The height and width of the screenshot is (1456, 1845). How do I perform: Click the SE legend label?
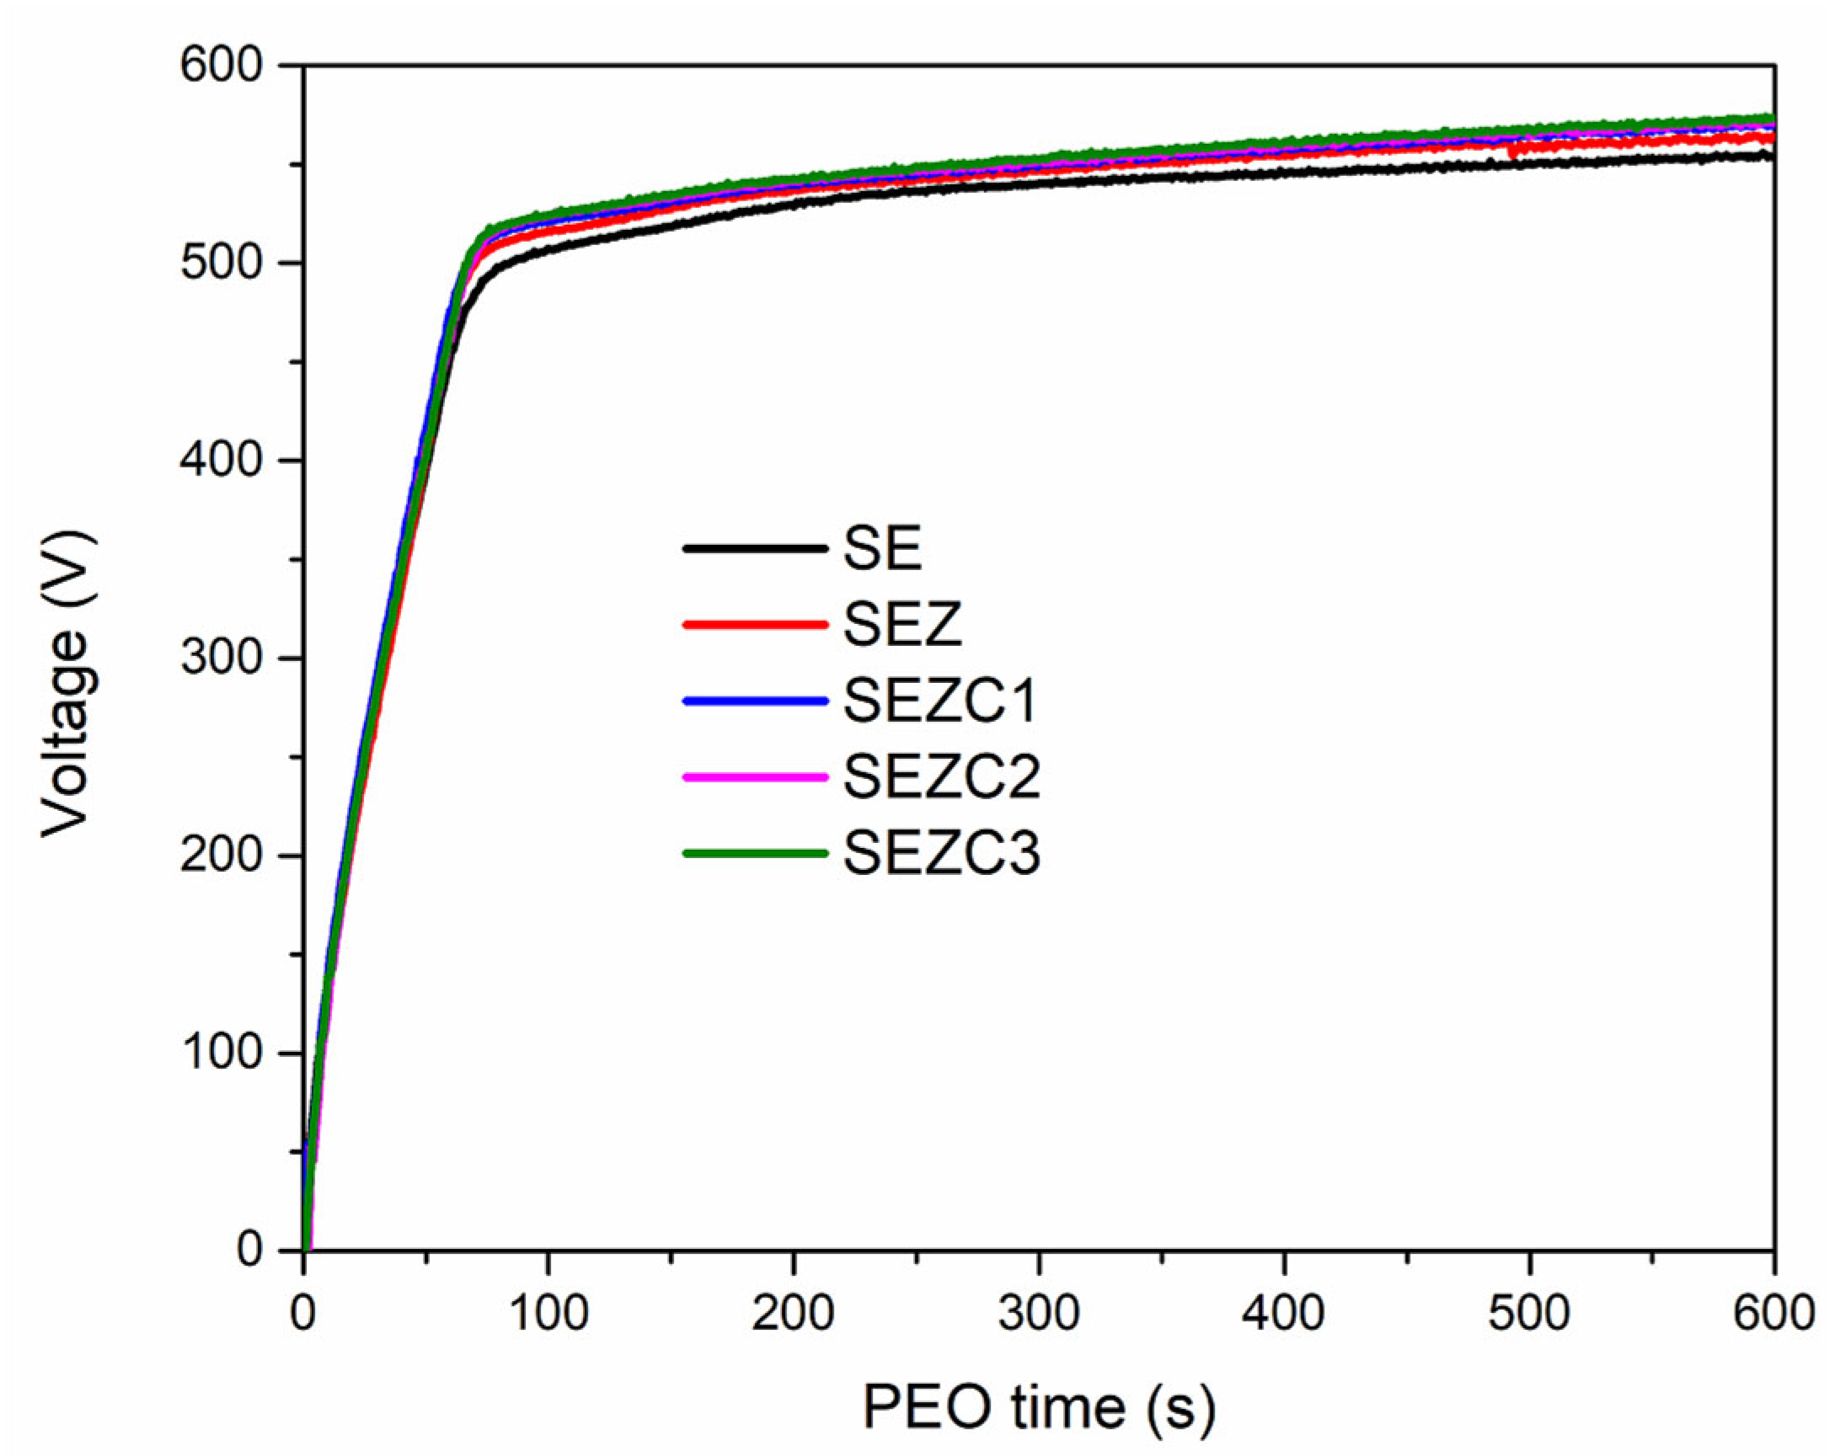pyautogui.click(x=881, y=548)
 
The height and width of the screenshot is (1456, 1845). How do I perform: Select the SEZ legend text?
pyautogui.click(x=902, y=624)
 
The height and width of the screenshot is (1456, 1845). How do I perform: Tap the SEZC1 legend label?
pyautogui.click(x=940, y=701)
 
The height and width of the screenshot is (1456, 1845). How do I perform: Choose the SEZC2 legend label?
pyautogui.click(x=941, y=776)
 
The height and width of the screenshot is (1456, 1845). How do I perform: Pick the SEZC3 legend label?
pyautogui.click(x=941, y=853)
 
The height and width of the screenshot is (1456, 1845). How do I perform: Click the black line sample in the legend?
pyautogui.click(x=755, y=548)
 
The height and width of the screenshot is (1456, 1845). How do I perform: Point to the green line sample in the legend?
pyautogui.click(x=755, y=853)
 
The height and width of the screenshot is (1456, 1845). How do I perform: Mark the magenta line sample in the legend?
pyautogui.click(x=755, y=776)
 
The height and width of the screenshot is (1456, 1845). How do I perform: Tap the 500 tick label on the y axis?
pyautogui.click(x=220, y=264)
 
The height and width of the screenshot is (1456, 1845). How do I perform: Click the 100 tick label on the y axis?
pyautogui.click(x=220, y=1053)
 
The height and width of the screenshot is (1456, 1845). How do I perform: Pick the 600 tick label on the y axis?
pyautogui.click(x=220, y=66)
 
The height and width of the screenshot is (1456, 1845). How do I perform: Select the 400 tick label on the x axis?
pyautogui.click(x=1283, y=1314)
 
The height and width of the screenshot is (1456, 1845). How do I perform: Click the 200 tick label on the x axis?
pyautogui.click(x=793, y=1314)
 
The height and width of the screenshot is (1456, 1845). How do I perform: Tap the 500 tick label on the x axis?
pyautogui.click(x=1529, y=1314)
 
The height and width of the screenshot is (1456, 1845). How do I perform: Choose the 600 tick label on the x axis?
pyautogui.click(x=1773, y=1314)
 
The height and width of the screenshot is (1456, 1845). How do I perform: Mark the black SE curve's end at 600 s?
pyautogui.click(x=1772, y=156)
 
